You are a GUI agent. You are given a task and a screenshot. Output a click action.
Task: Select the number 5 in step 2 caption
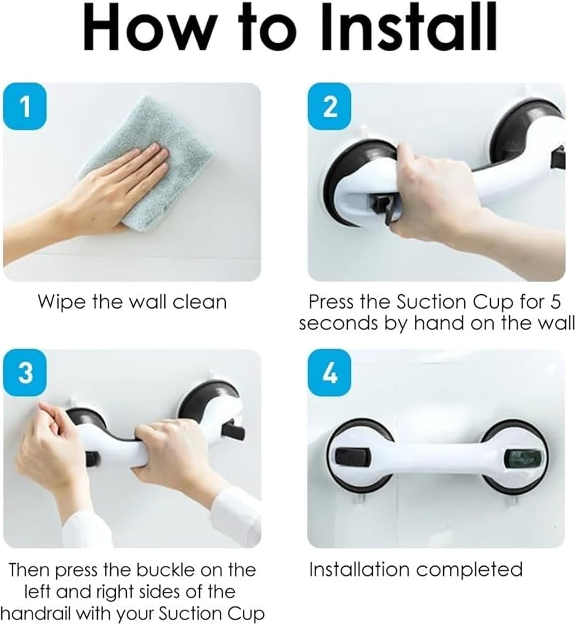(x=555, y=302)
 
